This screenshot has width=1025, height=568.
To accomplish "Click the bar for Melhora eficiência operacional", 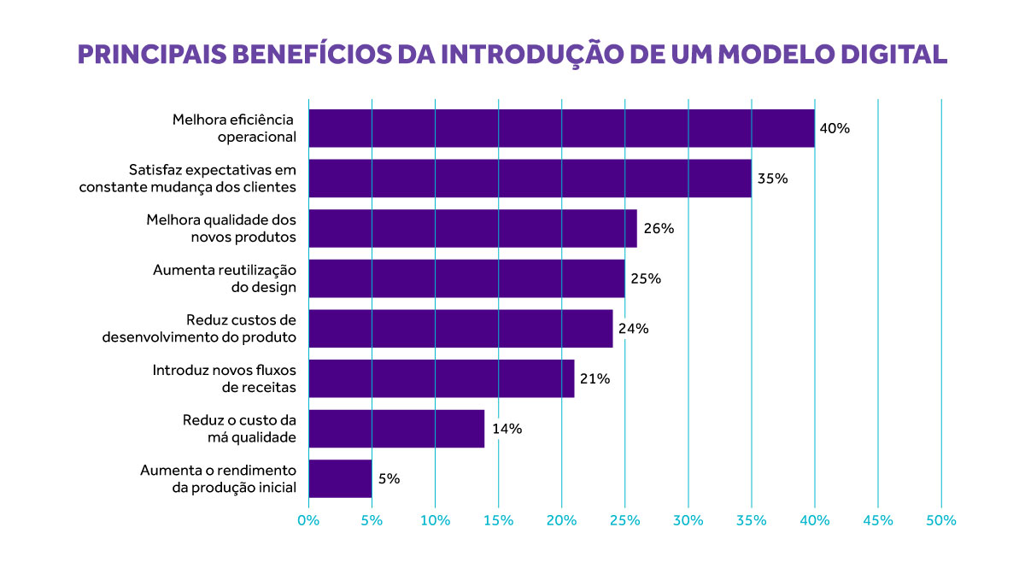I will click(561, 128).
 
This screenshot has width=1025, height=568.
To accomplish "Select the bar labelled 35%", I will click(530, 179).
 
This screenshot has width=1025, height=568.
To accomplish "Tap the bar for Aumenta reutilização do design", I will click(466, 278).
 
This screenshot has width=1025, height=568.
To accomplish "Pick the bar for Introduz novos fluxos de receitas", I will click(441, 378).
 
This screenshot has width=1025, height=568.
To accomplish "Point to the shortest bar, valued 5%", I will click(340, 478).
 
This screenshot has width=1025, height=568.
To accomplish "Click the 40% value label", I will click(835, 129).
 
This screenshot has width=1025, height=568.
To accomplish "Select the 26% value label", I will click(659, 229).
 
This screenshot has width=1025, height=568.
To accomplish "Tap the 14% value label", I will click(507, 429).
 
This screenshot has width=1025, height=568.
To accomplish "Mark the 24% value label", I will click(634, 329).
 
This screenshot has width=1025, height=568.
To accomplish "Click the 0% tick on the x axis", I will click(308, 520).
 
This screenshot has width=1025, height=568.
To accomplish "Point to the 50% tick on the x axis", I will click(940, 520).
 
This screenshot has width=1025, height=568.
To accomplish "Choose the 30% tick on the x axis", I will click(688, 520).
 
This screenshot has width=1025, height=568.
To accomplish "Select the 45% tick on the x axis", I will click(877, 520).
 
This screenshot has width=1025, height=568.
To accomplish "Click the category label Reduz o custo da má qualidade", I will click(239, 429).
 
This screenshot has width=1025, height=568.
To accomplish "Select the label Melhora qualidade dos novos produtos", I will click(221, 229).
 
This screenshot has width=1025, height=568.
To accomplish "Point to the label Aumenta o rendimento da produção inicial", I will click(218, 478).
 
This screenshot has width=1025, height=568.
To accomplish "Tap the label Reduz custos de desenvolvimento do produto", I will click(199, 329).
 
